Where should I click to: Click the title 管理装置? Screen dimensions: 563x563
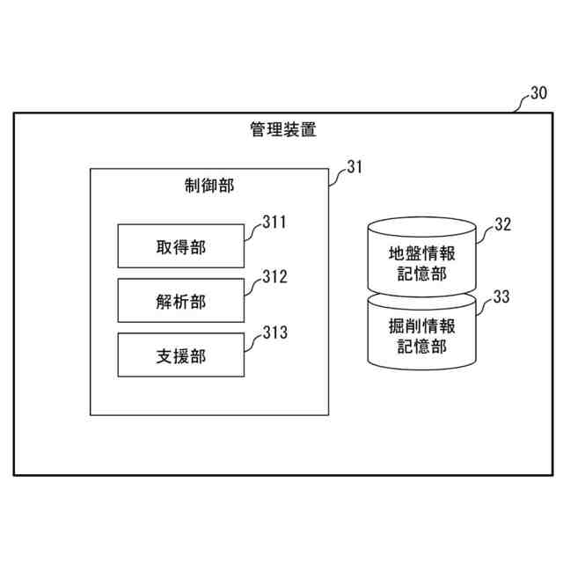[x=282, y=132]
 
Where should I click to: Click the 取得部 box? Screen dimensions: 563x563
[x=180, y=247]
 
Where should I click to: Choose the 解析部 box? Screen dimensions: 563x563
[x=180, y=301]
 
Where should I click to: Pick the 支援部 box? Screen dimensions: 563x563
[x=180, y=355]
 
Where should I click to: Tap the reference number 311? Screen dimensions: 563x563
[x=274, y=223]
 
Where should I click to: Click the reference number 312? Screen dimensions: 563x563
[x=274, y=278]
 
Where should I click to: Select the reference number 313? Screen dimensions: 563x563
[x=274, y=333]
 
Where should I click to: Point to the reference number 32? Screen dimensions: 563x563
[x=501, y=223]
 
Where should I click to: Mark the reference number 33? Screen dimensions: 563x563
[x=501, y=296]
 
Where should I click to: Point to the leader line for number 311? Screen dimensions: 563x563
[x=252, y=232]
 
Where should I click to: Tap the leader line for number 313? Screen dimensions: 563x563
[x=252, y=341]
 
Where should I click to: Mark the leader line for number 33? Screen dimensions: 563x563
[x=484, y=305]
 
